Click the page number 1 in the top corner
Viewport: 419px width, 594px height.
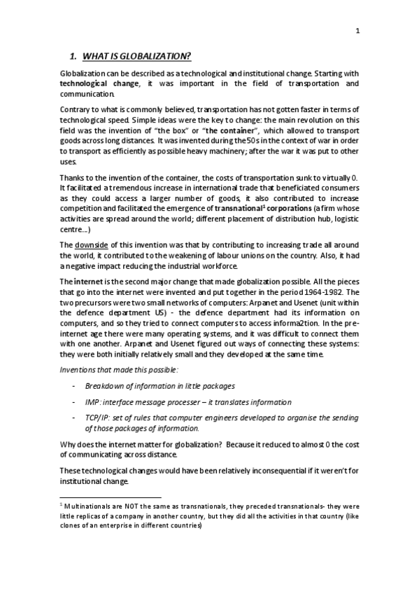click(357, 30)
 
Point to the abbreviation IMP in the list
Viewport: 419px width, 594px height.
click(92, 402)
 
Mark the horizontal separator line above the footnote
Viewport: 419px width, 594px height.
click(111, 495)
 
